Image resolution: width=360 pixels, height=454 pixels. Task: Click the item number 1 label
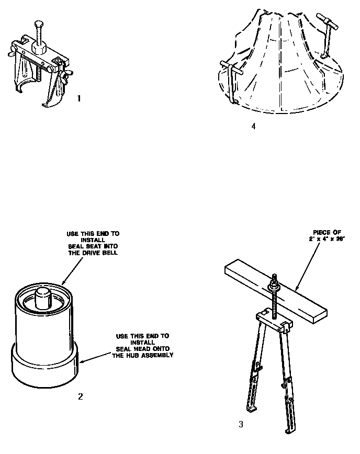[79, 98]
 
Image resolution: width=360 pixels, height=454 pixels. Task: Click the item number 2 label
[80, 396]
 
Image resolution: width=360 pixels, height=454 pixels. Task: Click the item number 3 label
[241, 424]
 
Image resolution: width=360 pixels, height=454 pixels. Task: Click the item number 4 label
[253, 126]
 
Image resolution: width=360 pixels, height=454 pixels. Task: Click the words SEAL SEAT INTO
[89, 247]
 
